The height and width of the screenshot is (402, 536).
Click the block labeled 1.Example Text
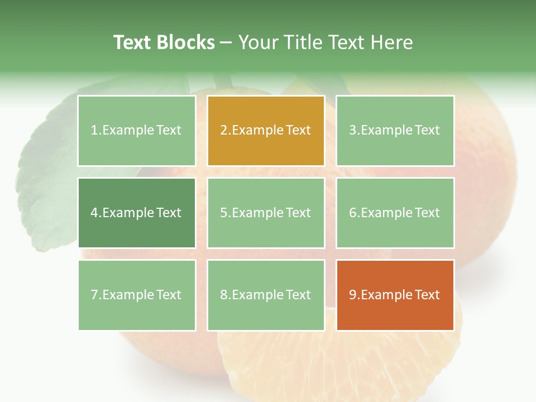136,131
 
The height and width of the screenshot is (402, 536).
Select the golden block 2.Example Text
266,131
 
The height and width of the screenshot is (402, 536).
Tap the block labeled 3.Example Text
395,131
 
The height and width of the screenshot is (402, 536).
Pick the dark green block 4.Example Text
136,213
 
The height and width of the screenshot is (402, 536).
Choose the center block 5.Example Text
266,213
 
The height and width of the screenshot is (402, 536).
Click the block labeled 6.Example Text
395,213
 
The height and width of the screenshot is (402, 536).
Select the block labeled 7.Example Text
136,295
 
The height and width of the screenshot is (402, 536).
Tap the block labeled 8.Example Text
266,295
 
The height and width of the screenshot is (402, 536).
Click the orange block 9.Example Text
395,295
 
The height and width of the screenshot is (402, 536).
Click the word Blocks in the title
185,42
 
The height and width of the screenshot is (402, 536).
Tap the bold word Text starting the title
132,42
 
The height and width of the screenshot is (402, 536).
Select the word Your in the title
256,42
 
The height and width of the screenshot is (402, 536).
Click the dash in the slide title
226,42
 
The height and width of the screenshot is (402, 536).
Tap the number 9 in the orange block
352,295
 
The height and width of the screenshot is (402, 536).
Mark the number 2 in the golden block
223,131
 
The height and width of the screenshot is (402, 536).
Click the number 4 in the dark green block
94,213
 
